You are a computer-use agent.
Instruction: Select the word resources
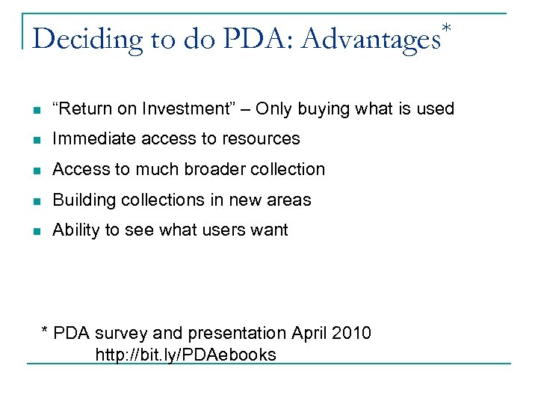click(x=263, y=139)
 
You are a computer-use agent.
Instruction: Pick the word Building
click(x=81, y=200)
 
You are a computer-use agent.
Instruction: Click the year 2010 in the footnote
click(x=351, y=333)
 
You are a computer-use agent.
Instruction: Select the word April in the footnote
click(x=309, y=333)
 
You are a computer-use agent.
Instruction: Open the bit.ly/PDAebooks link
click(x=185, y=355)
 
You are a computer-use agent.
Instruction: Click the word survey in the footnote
click(x=114, y=333)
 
